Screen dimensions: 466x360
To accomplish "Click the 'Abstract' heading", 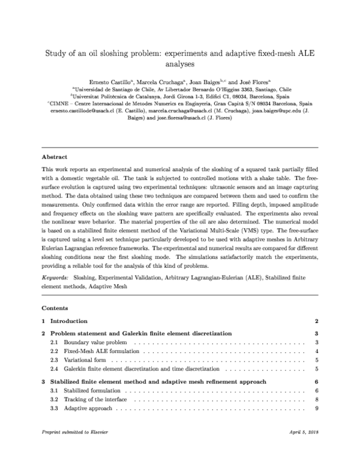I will tap(55, 156).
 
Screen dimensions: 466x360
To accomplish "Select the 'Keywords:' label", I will tap(55, 279).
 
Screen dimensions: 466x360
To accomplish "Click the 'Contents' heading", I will tap(55, 307).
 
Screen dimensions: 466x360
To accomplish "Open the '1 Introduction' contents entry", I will tap(68, 321).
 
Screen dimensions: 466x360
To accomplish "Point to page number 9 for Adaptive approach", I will tap(315, 408).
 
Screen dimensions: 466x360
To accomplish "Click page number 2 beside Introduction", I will tap(315, 321).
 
